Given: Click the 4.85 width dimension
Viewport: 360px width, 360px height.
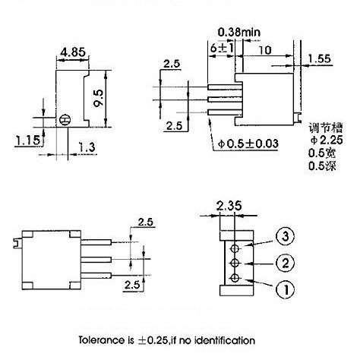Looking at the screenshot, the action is [x=73, y=52].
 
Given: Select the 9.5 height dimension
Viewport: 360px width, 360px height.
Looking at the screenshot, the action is [x=99, y=98].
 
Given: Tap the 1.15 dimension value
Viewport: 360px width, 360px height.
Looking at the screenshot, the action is [x=28, y=140].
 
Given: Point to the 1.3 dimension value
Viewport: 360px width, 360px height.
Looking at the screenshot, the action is [x=87, y=147].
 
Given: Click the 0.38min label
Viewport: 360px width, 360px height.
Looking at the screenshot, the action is [x=239, y=32].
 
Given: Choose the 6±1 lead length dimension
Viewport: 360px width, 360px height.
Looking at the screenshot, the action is [x=222, y=48].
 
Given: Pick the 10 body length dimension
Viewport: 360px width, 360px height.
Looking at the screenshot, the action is [x=265, y=50].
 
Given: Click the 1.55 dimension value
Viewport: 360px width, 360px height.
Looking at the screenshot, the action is [x=320, y=58].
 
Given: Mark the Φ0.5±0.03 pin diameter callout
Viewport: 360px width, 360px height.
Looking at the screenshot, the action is [x=248, y=144].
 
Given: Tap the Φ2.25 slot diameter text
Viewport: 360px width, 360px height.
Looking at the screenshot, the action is [x=327, y=140].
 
